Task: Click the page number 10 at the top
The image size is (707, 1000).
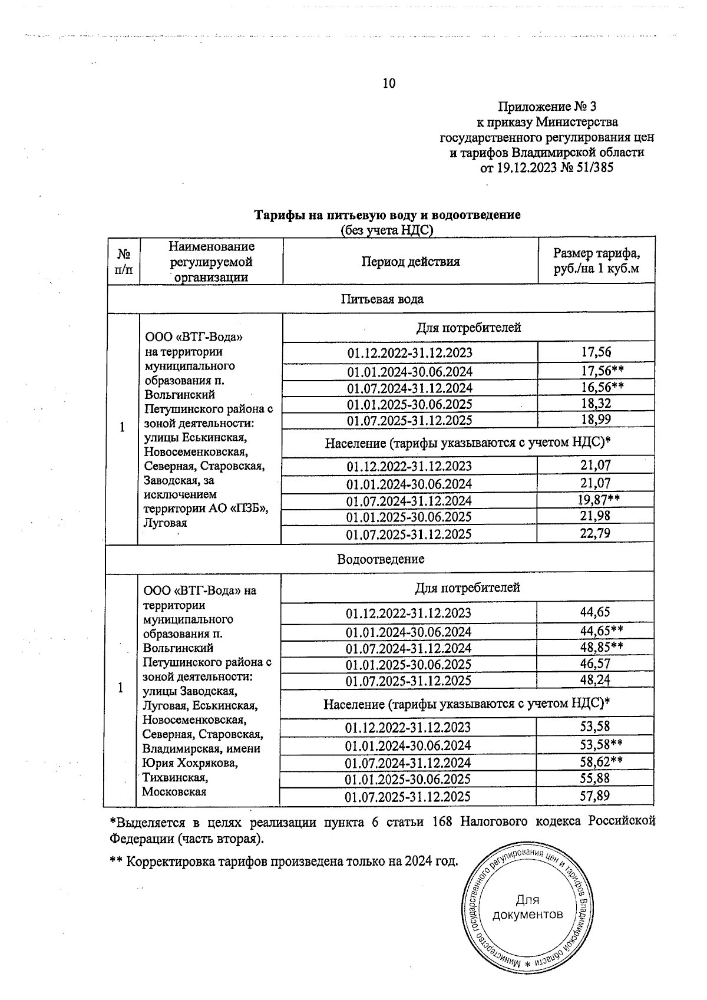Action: (x=389, y=83)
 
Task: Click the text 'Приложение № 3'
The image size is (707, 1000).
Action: (x=547, y=107)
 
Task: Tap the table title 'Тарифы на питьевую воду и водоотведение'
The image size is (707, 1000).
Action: (x=386, y=215)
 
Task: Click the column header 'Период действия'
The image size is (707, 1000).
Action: (x=410, y=262)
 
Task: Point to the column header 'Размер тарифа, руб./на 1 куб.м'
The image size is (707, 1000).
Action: (x=596, y=262)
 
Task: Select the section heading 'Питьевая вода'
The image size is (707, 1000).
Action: (x=382, y=299)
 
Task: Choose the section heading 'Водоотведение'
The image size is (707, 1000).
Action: (x=380, y=559)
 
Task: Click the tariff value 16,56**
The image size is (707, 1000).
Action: (x=602, y=387)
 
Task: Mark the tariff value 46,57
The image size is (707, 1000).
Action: (x=595, y=664)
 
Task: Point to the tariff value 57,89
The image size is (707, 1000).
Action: (x=594, y=796)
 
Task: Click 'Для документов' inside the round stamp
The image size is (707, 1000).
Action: (x=527, y=907)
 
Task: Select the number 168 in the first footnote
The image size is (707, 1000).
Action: (x=442, y=822)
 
